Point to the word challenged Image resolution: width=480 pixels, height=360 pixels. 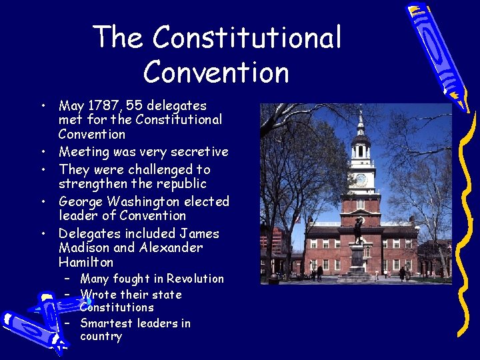149,169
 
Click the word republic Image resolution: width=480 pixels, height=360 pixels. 181,184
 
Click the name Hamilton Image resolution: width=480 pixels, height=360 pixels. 86,263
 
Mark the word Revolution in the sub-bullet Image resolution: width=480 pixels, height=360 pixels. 195,279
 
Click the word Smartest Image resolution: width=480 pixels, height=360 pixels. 106,323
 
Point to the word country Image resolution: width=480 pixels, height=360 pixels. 101,337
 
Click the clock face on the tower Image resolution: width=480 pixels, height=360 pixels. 361,179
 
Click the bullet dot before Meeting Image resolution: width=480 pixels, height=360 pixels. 42,153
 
